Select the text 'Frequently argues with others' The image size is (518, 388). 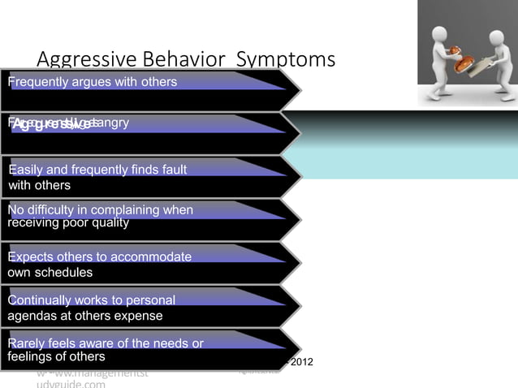(93, 82)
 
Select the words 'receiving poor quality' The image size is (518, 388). (68, 222)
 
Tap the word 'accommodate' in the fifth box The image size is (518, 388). (152, 257)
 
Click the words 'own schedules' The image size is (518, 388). (50, 272)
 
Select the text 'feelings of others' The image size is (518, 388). (56, 356)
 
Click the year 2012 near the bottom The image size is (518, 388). (301, 361)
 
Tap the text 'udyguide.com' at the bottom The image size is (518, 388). (71, 384)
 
